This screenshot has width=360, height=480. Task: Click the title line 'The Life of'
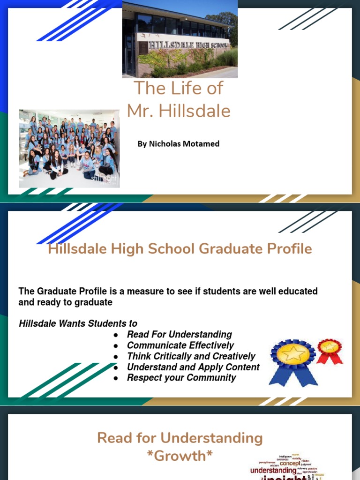coord(179,88)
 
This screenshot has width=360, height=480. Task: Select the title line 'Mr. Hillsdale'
coord(179,111)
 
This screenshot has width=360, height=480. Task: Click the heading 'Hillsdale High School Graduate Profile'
coord(180,249)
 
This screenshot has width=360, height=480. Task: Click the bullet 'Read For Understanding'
coord(180,334)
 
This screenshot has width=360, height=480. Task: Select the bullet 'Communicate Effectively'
coord(180,345)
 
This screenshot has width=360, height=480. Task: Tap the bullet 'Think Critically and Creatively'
coord(191,356)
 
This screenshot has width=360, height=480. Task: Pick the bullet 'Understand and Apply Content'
coord(193,367)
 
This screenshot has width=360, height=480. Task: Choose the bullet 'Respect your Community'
coord(181,378)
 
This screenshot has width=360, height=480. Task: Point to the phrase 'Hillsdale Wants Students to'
coord(78,323)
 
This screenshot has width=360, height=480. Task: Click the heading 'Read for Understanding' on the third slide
coord(180,438)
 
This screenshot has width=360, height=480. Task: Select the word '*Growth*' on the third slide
coord(180,456)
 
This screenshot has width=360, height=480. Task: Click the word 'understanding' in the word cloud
coord(273,470)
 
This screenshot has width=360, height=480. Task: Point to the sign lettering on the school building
coord(188,45)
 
